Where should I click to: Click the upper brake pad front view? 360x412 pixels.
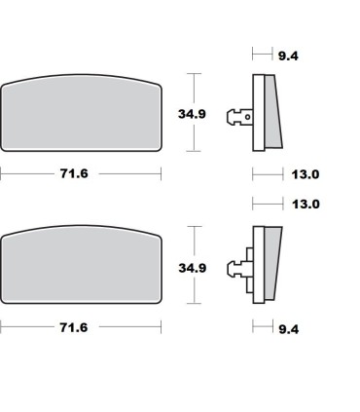pos(82,112)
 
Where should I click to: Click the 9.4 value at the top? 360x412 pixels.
pos(287,56)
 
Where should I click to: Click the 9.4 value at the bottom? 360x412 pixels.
pos(288,330)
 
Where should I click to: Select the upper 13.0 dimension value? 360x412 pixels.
pos(306,175)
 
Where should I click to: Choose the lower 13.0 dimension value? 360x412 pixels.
pos(306,205)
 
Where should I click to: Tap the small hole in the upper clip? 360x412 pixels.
pos(247,118)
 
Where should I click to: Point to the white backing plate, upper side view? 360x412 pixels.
pos(258,112)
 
